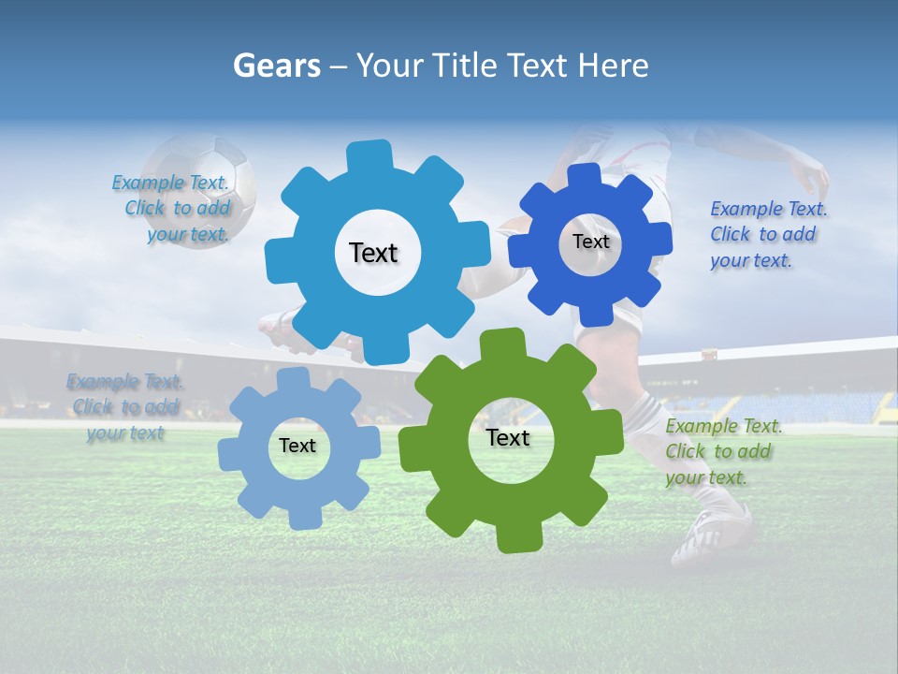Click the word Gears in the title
pos(276,66)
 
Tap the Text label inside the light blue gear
pos(373,253)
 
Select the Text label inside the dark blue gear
pos(590,242)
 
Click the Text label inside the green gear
pos(508,437)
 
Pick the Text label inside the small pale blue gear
pos(297,446)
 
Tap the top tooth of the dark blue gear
pos(584,175)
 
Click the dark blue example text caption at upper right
pos(767,234)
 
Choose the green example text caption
pos(722,451)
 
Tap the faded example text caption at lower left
pos(124,407)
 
